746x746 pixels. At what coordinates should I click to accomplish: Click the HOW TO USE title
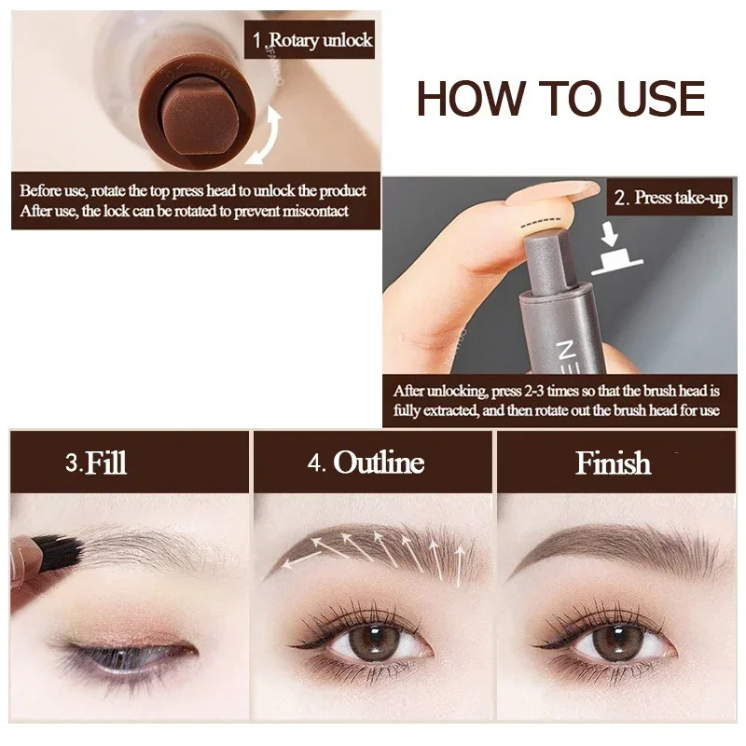(560, 99)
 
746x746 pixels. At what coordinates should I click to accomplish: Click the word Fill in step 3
(105, 463)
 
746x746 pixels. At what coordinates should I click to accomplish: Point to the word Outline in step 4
(379, 463)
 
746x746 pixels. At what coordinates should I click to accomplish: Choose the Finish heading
(613, 463)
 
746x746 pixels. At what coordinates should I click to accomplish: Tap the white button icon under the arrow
(615, 264)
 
